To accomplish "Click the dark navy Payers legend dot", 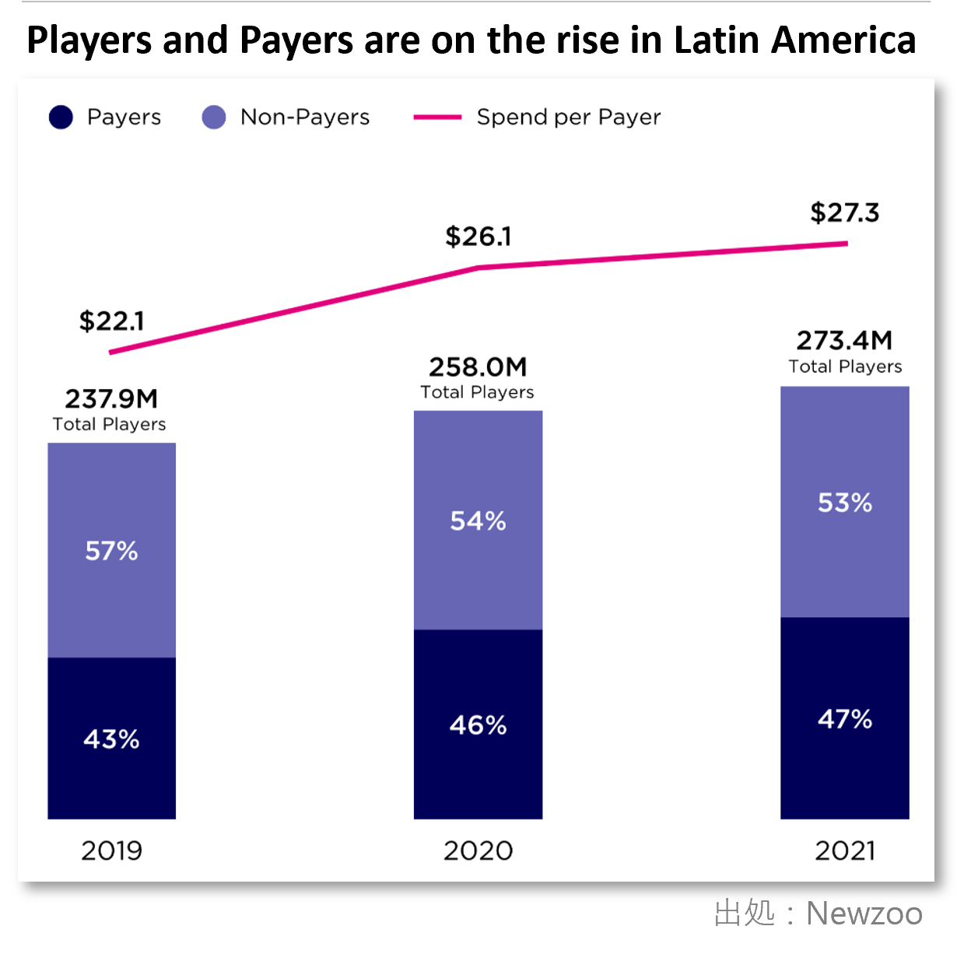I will click(x=61, y=117).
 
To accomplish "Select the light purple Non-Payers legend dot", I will click(x=214, y=117).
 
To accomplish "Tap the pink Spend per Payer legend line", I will click(x=437, y=117).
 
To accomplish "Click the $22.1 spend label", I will click(x=111, y=321).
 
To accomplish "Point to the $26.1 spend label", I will click(x=478, y=237).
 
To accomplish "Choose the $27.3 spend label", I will click(x=844, y=212).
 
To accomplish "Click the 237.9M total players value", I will click(x=111, y=399).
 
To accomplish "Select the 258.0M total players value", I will click(x=478, y=367).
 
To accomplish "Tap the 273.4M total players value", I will click(x=844, y=341).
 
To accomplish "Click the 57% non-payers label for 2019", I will click(x=111, y=551).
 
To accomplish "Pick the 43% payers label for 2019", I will click(x=111, y=738).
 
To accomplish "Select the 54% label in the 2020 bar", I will click(x=478, y=521).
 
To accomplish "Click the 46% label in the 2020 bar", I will click(x=478, y=725).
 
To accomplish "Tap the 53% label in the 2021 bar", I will click(x=844, y=503).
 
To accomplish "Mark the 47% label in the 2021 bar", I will click(x=844, y=719).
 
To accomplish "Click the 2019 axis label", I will click(x=111, y=851).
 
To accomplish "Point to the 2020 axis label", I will click(x=478, y=851).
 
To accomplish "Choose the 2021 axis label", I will click(x=844, y=851).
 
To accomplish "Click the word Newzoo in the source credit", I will click(x=864, y=914).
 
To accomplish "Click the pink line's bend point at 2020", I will click(x=478, y=268).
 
